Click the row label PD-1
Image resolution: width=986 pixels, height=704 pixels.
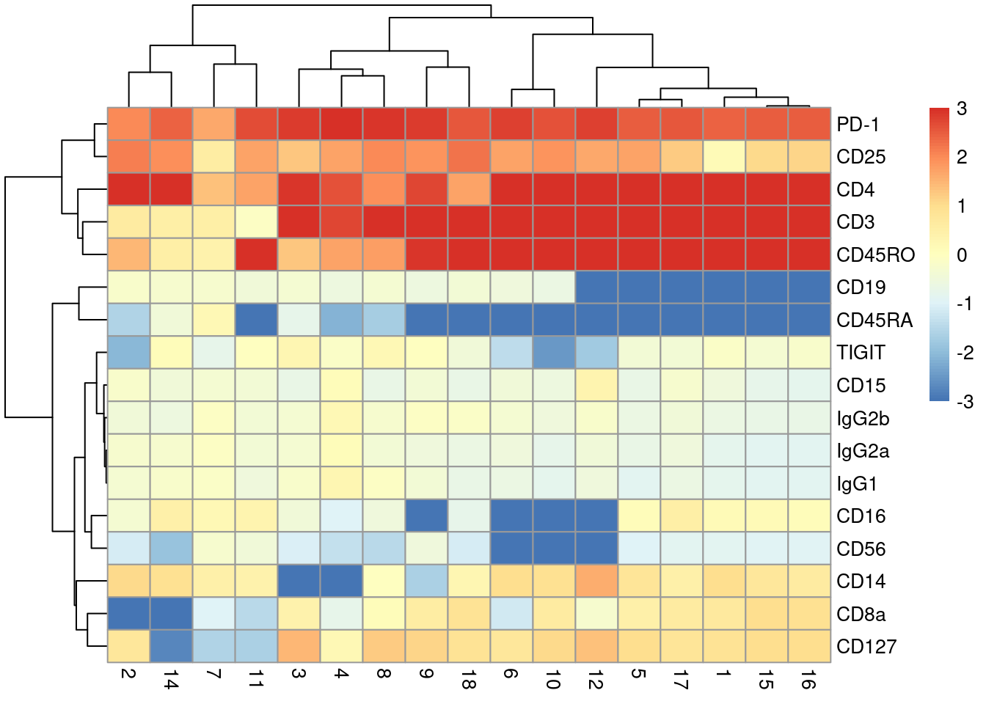[x=857, y=125]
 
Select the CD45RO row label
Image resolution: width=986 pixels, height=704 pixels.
[x=875, y=255]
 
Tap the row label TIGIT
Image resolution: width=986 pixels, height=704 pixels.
[x=861, y=353]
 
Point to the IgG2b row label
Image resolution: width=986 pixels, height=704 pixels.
[x=863, y=419]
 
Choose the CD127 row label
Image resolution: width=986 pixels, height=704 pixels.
[x=866, y=647]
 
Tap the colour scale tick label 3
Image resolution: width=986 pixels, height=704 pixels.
[x=962, y=109]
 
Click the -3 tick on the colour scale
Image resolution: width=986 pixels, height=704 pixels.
[x=965, y=401]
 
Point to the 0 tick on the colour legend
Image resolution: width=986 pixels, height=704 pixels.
[x=962, y=255]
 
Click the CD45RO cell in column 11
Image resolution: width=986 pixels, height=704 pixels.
[x=257, y=254]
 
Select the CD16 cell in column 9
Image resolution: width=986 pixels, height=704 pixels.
[x=426, y=516]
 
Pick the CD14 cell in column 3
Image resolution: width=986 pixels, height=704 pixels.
[x=299, y=581]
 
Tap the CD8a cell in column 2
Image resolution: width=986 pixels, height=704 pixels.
[x=129, y=614]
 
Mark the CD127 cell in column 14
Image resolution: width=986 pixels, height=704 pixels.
[x=172, y=646]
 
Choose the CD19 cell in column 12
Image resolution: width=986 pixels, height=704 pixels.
[x=596, y=287]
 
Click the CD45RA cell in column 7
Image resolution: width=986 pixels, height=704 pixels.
[x=214, y=320]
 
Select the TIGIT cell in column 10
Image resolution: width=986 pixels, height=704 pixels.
[x=554, y=353]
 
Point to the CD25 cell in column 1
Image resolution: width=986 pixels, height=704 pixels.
[x=724, y=157]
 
